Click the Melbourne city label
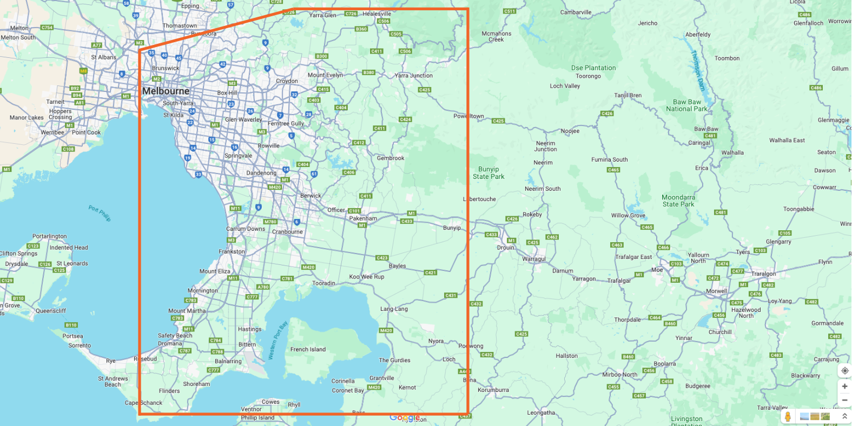coord(166,91)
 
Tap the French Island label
coord(308,349)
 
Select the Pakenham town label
coord(363,218)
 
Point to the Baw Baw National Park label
coord(686,105)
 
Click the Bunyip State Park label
coord(488,173)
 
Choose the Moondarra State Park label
coord(678,201)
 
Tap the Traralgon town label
coord(763,274)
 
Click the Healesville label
coord(377,14)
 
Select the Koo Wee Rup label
coord(366,277)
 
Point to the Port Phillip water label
coord(100,213)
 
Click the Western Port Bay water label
coord(278,340)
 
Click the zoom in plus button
coord(844,386)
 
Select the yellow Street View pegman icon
coord(788,416)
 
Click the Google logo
coord(405,418)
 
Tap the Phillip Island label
coord(257,417)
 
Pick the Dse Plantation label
coord(593,68)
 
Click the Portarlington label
coord(49,236)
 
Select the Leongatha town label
coord(541,412)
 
